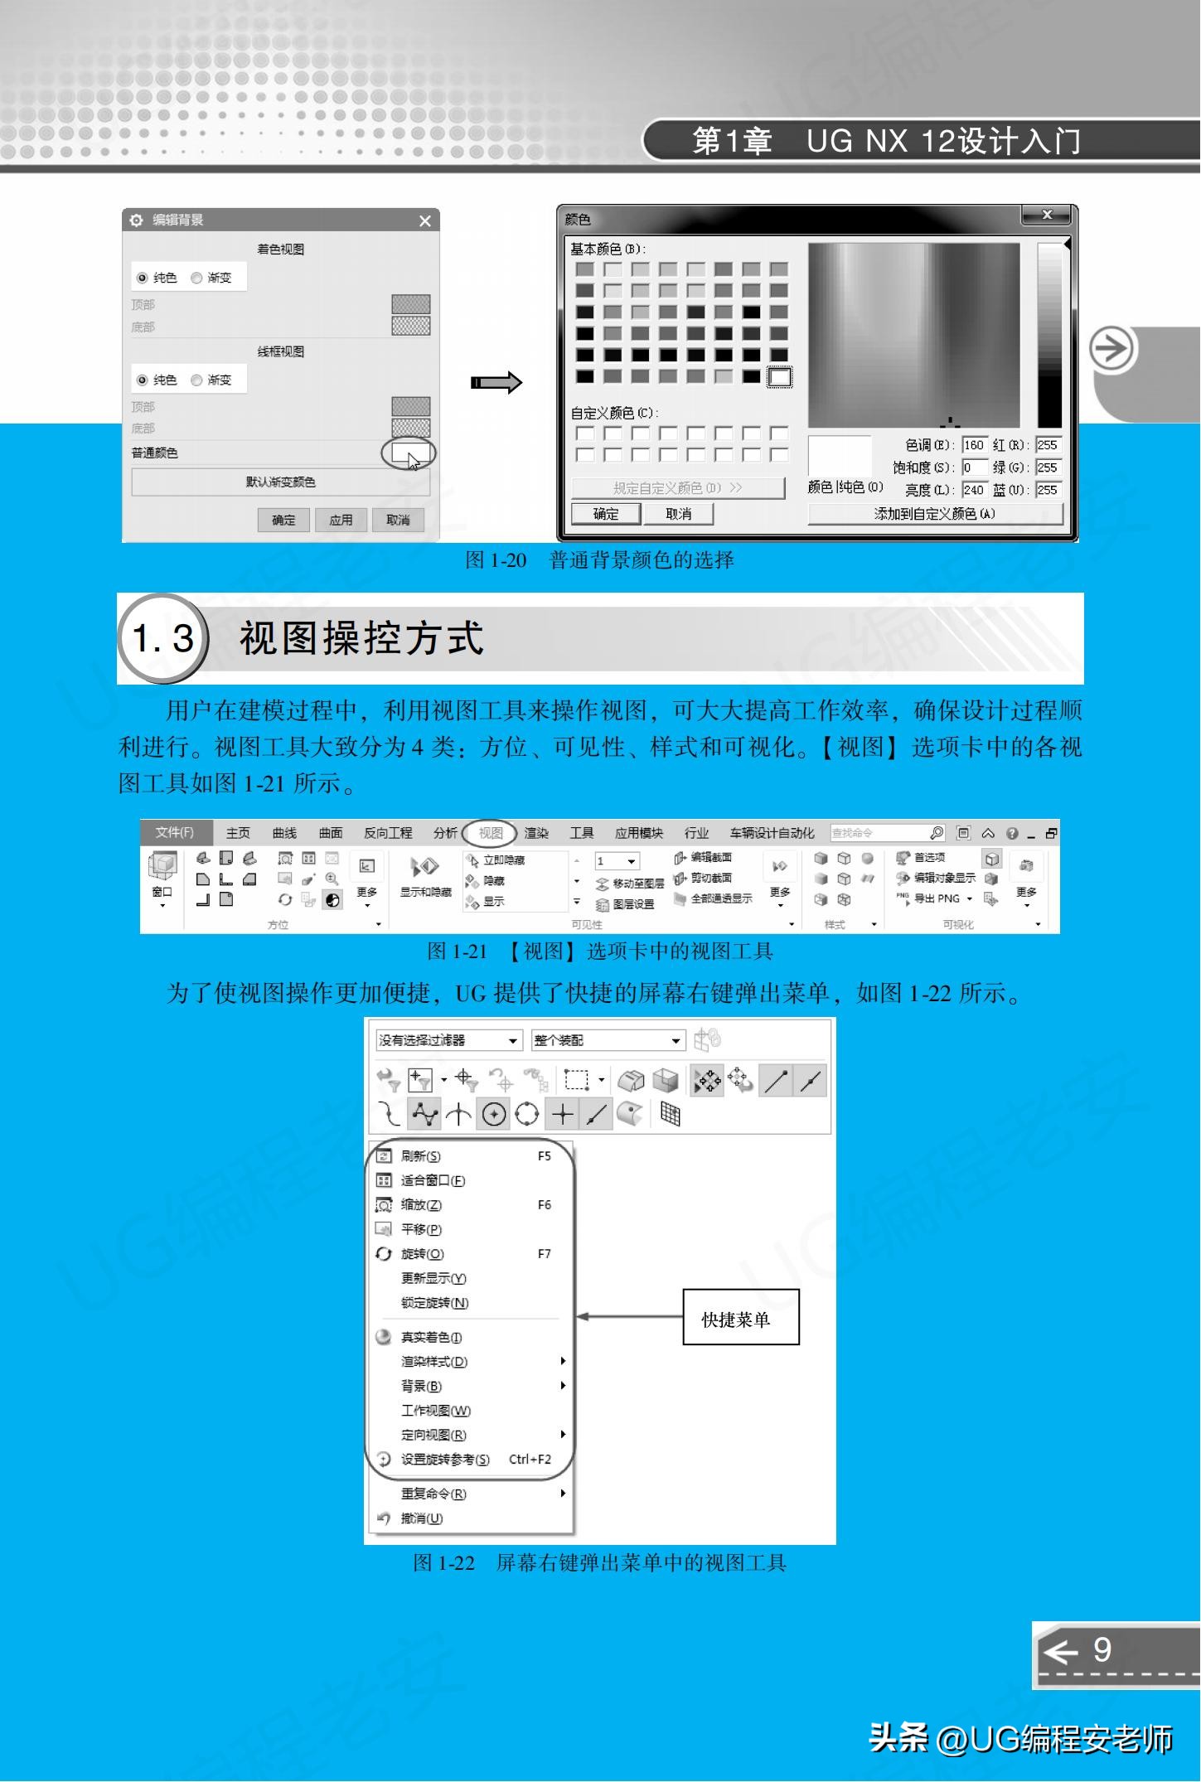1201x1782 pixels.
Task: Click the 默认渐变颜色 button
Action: pos(280,482)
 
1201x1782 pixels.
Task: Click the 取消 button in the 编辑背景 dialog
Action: pos(398,520)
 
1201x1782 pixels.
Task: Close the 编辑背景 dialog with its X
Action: pos(425,220)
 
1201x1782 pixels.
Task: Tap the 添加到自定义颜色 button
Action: pos(934,514)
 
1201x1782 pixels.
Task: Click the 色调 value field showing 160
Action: pos(974,445)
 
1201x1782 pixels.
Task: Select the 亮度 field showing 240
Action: pos(974,490)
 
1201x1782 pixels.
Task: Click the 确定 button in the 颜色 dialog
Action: pos(606,514)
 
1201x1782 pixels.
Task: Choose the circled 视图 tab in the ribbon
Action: pos(491,833)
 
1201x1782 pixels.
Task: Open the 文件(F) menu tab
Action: pos(175,832)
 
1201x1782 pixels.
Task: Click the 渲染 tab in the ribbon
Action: pos(536,833)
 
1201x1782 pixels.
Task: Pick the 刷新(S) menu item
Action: pos(421,1156)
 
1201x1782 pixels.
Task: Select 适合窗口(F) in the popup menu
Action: pos(433,1180)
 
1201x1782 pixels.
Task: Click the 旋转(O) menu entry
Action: pos(423,1254)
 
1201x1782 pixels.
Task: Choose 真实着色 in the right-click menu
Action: pos(431,1337)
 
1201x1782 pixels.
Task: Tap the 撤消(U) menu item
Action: pos(422,1518)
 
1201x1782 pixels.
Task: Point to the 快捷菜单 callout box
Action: pos(740,1316)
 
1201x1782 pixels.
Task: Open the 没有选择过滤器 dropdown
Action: pos(448,1040)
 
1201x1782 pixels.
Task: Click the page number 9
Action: pos(1102,1649)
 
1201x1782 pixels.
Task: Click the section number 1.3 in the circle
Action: pos(163,638)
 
